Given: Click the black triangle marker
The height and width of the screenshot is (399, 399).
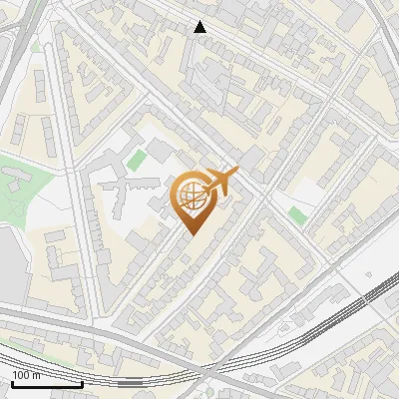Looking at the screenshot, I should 200,27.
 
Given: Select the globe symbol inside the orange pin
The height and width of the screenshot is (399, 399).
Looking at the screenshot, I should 192,197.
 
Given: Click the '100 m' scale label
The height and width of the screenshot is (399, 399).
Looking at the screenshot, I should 26,375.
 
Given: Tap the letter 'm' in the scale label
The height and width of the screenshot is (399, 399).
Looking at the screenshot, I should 36,375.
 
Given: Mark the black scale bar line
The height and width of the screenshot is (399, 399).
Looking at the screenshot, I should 46,384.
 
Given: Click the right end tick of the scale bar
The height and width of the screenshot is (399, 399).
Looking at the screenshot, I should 82,381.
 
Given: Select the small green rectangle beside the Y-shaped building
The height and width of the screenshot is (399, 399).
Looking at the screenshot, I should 136,159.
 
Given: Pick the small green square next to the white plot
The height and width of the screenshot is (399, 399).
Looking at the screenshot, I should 297,214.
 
